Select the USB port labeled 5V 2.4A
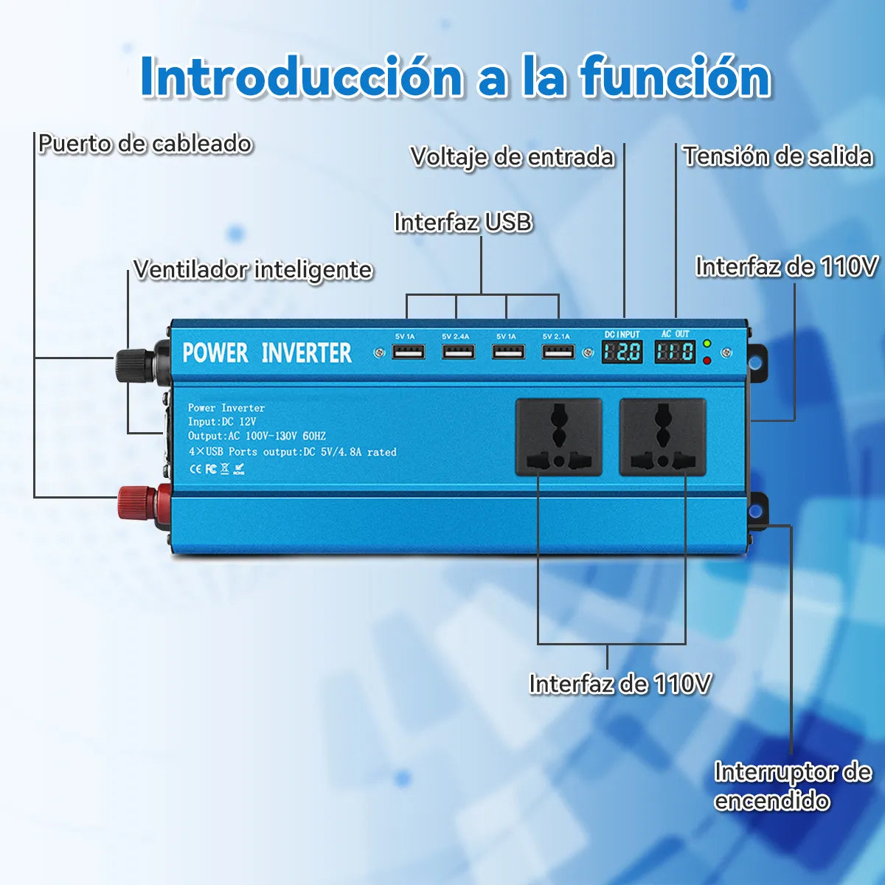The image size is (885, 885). (456, 352)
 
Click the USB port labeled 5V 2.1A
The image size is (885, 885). (557, 352)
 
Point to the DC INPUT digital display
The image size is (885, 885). (622, 351)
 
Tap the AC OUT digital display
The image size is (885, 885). (675, 351)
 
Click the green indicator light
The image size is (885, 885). (707, 344)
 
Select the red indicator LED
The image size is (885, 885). (707, 360)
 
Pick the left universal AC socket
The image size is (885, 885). (559, 437)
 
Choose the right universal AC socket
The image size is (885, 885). (662, 437)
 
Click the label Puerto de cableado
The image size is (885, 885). (145, 143)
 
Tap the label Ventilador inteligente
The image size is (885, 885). (253, 269)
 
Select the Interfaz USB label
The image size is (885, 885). (463, 222)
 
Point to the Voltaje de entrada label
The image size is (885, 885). (513, 156)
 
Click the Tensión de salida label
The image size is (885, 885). (777, 156)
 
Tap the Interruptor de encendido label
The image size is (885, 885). (792, 786)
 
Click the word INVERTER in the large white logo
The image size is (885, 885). (307, 353)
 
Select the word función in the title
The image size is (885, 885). (675, 76)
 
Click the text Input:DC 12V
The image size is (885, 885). (222, 422)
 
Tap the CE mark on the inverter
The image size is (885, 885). (196, 468)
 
